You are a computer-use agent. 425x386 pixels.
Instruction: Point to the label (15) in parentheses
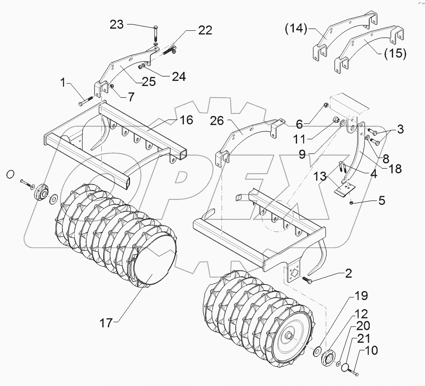point(395,53)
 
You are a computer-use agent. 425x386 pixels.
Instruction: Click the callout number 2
point(348,274)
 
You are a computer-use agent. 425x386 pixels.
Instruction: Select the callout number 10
point(372,351)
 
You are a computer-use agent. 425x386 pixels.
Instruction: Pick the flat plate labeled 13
point(343,188)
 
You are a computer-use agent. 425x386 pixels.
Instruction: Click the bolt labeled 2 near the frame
point(306,279)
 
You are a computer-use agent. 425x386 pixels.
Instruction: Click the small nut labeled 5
point(352,202)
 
